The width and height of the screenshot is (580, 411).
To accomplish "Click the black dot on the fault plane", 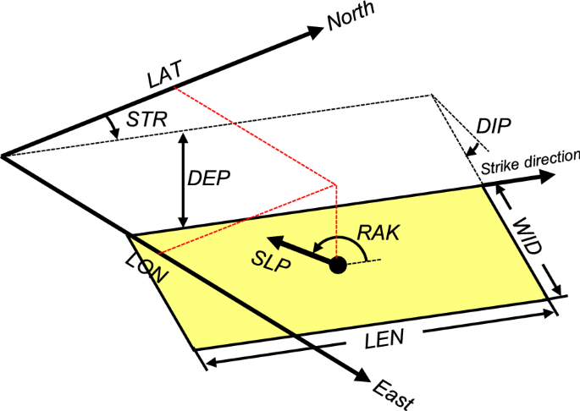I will tap(338, 266).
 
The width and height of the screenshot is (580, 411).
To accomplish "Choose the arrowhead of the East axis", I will tap(363, 377).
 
